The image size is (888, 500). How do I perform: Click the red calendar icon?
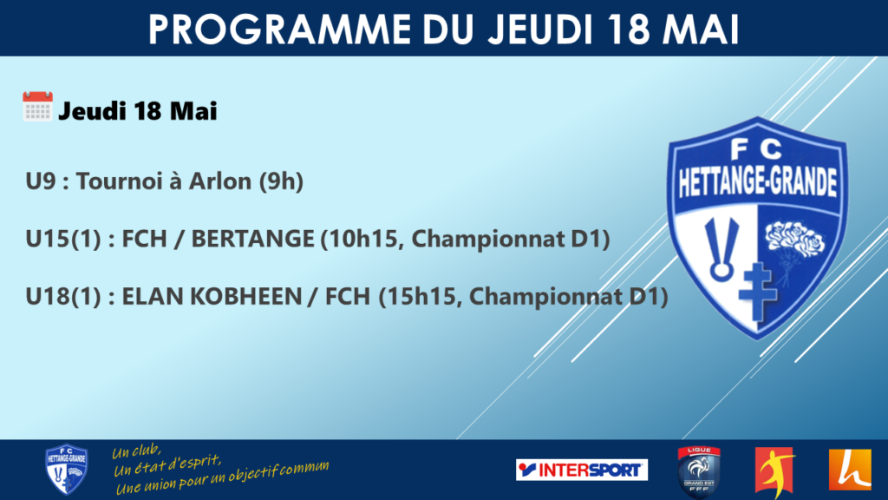(x=37, y=106)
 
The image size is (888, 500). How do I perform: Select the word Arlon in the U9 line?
(x=219, y=181)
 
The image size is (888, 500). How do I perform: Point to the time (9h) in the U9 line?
(x=281, y=181)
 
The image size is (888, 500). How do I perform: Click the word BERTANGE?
(x=252, y=239)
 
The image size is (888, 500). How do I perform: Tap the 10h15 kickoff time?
(x=362, y=240)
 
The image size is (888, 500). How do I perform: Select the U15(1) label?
(x=63, y=240)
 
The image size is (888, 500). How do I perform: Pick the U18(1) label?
(x=63, y=297)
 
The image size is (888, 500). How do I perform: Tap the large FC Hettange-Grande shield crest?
(x=758, y=227)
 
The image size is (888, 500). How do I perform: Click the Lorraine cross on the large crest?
(x=758, y=292)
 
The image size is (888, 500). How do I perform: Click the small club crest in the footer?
(x=66, y=470)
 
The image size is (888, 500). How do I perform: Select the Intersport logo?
(x=582, y=470)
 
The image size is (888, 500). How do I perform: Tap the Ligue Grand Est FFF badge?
(x=699, y=470)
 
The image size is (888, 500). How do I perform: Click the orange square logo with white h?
(x=850, y=470)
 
